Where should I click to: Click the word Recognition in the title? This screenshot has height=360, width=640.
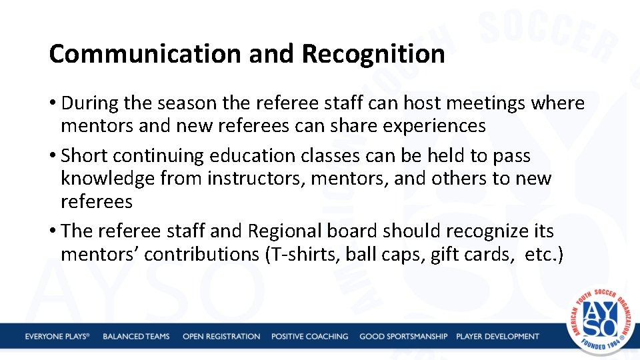click(x=373, y=54)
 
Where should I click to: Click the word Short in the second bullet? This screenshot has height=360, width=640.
click(x=85, y=156)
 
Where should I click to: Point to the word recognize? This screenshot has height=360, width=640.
click(x=479, y=231)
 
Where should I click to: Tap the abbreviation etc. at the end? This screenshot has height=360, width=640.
click(x=544, y=254)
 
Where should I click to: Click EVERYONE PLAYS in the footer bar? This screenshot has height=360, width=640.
click(x=57, y=337)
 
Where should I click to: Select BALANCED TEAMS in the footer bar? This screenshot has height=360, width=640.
click(x=136, y=337)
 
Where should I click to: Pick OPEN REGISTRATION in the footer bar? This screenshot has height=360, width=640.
click(x=221, y=337)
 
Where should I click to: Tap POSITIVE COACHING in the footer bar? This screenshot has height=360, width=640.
click(x=309, y=337)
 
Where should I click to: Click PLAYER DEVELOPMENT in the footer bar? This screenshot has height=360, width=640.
click(x=497, y=337)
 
